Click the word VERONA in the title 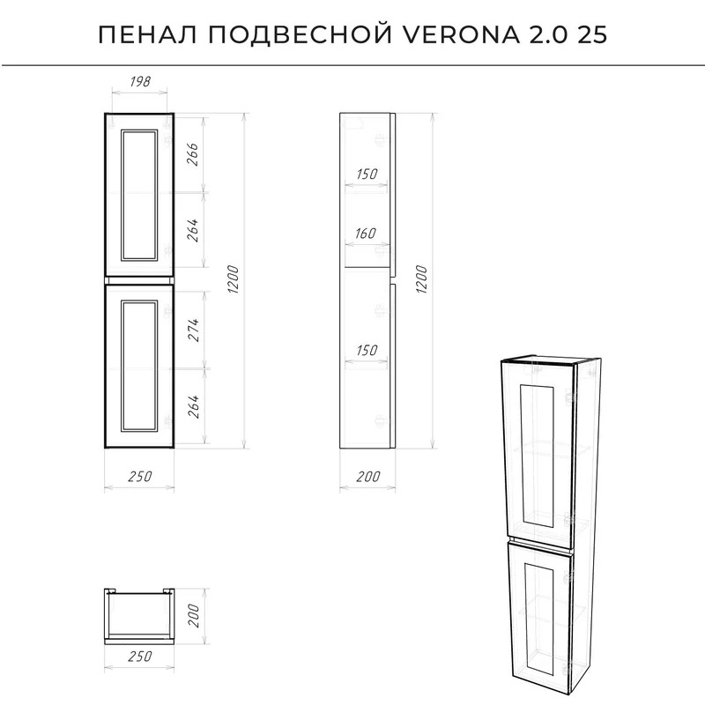461,34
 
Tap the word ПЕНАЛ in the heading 147,34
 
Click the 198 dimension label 140,81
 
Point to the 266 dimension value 192,154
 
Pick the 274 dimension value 192,330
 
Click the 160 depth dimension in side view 365,234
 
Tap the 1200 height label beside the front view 233,279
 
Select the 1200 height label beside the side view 421,279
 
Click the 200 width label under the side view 368,476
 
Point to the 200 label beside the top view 192,616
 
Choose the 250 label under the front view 140,476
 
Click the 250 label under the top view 140,656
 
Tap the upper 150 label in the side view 367,174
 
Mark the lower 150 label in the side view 367,350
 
